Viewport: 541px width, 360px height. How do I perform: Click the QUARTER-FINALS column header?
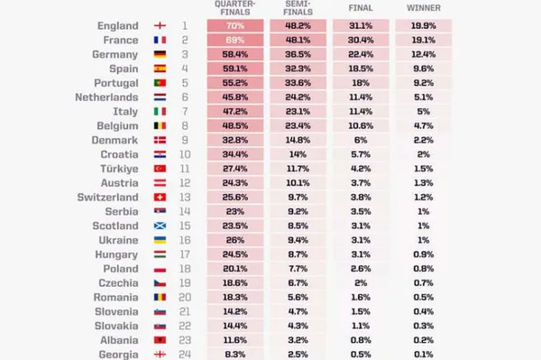click(x=235, y=8)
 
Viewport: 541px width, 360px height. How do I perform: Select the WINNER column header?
click(x=424, y=8)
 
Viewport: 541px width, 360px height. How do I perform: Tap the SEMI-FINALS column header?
click(x=298, y=8)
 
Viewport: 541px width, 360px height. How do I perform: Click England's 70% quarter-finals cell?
click(x=235, y=26)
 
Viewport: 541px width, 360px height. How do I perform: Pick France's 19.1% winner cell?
click(x=424, y=40)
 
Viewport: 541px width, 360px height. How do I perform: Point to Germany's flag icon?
click(x=160, y=54)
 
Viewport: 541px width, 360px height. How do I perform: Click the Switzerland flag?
click(x=160, y=197)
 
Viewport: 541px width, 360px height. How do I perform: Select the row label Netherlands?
click(x=106, y=97)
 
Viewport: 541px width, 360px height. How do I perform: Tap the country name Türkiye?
click(x=119, y=169)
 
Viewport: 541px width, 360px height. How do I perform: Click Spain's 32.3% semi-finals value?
click(x=298, y=69)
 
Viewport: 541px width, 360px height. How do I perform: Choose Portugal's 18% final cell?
click(x=361, y=83)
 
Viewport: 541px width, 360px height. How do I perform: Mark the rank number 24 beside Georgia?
click(x=185, y=354)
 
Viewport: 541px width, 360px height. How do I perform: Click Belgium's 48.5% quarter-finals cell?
click(x=235, y=125)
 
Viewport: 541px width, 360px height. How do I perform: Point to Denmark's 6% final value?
click(x=361, y=140)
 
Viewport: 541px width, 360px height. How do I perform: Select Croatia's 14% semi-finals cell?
click(x=298, y=154)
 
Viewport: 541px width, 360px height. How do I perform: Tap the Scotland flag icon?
click(x=160, y=226)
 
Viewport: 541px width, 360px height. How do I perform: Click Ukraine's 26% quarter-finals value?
click(x=235, y=240)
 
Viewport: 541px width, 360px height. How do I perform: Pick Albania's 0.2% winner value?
click(x=424, y=340)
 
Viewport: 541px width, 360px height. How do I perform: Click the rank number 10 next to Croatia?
click(x=185, y=154)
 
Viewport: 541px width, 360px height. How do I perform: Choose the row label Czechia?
click(x=118, y=283)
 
